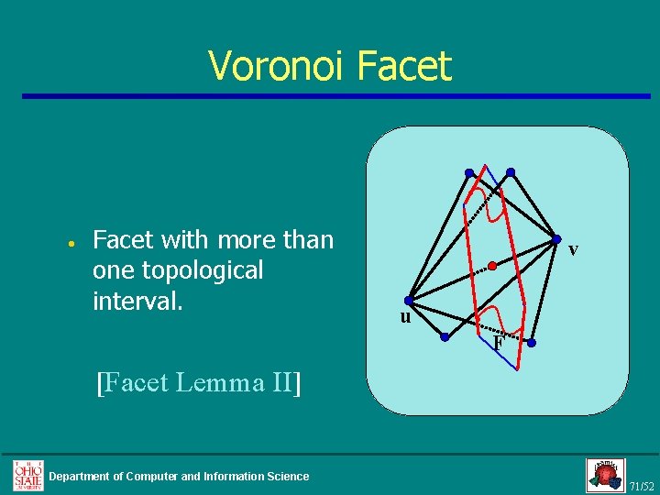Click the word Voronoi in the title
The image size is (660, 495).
tap(276, 66)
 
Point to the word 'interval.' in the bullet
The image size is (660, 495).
tap(138, 301)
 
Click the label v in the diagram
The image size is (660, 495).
tap(572, 248)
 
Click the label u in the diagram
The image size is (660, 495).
tap(404, 317)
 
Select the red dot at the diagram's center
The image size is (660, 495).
tap(492, 266)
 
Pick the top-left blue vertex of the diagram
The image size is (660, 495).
tap(468, 172)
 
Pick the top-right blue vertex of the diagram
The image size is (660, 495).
tap(511, 171)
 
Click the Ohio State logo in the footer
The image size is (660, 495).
tap(27, 474)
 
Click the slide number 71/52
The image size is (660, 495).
tap(642, 485)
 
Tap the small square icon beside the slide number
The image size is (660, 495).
tap(605, 475)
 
